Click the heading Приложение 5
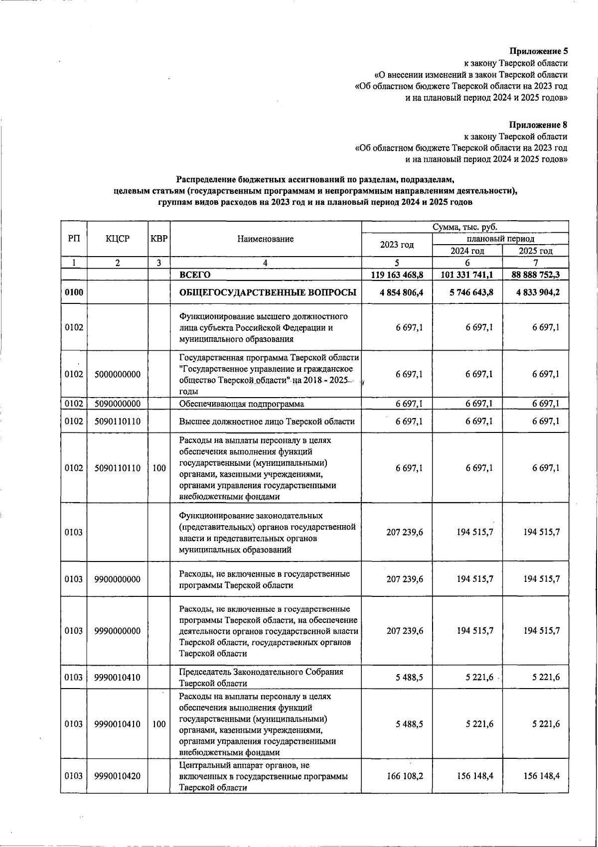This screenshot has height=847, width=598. pyautogui.click(x=538, y=51)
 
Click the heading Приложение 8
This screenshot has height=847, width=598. pyautogui.click(x=538, y=125)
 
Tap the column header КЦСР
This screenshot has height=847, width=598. pyautogui.click(x=118, y=239)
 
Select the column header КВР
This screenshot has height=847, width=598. pyautogui.click(x=159, y=239)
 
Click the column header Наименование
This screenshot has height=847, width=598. pyautogui.click(x=266, y=239)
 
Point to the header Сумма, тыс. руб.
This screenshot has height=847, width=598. pyautogui.click(x=464, y=227)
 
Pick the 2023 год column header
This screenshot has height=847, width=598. pyautogui.click(x=397, y=245)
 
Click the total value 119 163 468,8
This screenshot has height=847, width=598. pyautogui.click(x=397, y=275)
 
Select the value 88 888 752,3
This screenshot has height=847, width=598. pyautogui.click(x=535, y=275)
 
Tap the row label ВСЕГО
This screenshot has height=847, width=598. pyautogui.click(x=195, y=275)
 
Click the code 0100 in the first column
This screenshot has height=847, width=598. pyautogui.click(x=74, y=292)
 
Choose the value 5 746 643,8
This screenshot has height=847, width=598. pyautogui.click(x=467, y=292)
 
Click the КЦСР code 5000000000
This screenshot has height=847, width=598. pyautogui.click(x=118, y=374)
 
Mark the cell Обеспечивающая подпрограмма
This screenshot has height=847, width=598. pyautogui.click(x=241, y=404)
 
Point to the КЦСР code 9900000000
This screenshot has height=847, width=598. pyautogui.click(x=118, y=579)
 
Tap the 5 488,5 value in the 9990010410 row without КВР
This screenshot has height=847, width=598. pyautogui.click(x=409, y=678)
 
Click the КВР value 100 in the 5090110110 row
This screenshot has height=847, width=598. pyautogui.click(x=159, y=468)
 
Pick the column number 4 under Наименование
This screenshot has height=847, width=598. pyautogui.click(x=266, y=263)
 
